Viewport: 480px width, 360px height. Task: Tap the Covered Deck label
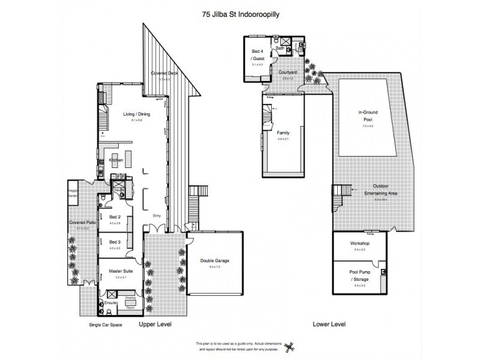click(x=161, y=73)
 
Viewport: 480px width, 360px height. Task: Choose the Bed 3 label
click(x=115, y=242)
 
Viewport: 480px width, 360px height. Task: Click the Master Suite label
click(x=120, y=271)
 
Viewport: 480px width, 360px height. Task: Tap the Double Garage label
click(x=215, y=261)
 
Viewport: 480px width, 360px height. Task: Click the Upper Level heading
click(x=155, y=325)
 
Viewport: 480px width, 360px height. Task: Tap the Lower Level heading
click(x=329, y=325)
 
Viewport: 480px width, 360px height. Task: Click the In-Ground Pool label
click(x=367, y=115)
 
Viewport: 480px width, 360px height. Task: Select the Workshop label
click(x=360, y=243)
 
